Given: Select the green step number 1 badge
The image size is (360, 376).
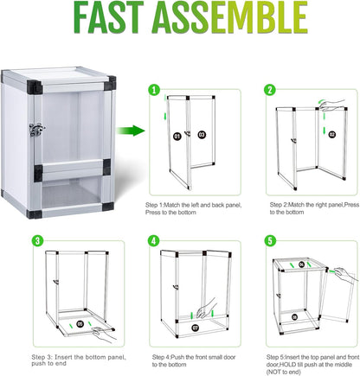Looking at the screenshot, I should [x=153, y=90].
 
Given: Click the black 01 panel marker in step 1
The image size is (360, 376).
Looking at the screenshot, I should [x=177, y=135].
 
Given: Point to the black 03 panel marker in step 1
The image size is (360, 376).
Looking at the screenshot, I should [x=202, y=135].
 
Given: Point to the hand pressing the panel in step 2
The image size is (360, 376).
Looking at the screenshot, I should [x=327, y=105].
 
